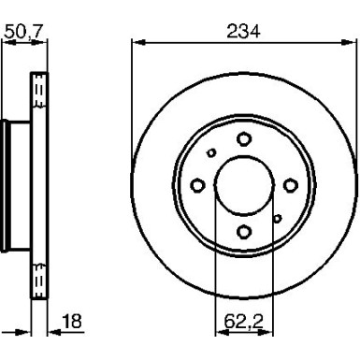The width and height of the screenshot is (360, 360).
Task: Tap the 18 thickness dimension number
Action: pyautogui.click(x=70, y=324)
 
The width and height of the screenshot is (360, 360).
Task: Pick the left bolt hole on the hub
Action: pyautogui.click(x=197, y=185)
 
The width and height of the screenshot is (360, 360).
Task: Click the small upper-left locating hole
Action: pyautogui.click(x=211, y=153)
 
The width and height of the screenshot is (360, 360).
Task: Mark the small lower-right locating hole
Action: pyautogui.click(x=277, y=218)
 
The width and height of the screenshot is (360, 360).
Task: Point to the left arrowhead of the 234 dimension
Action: pyautogui.click(x=137, y=41)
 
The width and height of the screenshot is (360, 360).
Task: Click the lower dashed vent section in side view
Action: pyautogui.click(x=39, y=278)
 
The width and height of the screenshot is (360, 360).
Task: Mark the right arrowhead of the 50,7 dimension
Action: pyautogui.click(x=44, y=41)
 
